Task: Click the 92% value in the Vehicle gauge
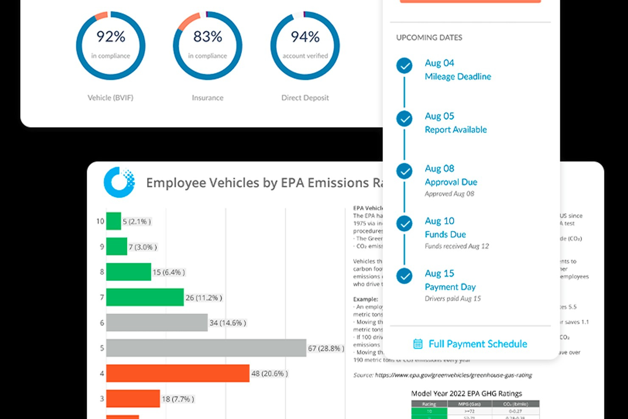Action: tap(111, 37)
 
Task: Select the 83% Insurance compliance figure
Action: tap(207, 37)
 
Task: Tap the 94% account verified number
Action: tap(305, 37)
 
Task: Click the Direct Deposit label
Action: tap(305, 98)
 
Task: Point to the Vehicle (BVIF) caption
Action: tap(110, 98)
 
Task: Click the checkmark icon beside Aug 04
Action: tap(404, 66)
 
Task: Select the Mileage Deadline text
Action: tap(458, 77)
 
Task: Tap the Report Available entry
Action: tap(456, 130)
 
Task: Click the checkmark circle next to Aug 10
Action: tap(404, 224)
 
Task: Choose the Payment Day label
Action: tap(450, 287)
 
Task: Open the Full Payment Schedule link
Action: tap(478, 344)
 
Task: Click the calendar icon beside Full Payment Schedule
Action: tap(418, 344)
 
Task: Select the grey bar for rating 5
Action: tap(206, 348)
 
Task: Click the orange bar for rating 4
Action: tap(177, 374)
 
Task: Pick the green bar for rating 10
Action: tap(113, 221)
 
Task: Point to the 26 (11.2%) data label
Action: tap(204, 298)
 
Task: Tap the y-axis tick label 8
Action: tap(102, 272)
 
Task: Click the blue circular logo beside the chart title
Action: tap(119, 183)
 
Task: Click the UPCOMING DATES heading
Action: tap(429, 38)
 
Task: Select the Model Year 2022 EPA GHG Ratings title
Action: tap(466, 394)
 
